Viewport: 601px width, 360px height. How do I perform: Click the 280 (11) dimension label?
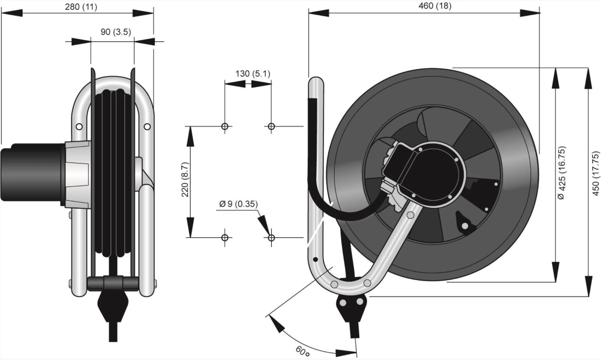[81, 7]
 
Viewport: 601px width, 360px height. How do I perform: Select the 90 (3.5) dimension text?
[115, 32]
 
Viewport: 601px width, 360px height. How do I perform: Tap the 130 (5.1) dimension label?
[253, 74]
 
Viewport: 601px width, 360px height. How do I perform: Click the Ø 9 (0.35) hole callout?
[239, 204]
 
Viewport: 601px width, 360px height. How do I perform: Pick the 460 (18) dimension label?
[435, 6]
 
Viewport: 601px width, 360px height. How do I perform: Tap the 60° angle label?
[303, 351]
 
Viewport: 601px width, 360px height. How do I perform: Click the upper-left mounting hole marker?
[224, 126]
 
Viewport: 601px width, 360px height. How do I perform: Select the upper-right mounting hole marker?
[271, 126]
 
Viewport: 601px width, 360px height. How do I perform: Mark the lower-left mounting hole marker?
[224, 237]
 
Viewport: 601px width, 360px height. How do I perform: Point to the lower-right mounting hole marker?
[271, 237]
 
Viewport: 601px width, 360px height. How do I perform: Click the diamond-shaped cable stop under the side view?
[112, 306]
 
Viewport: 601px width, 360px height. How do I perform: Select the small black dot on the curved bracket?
[316, 259]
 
